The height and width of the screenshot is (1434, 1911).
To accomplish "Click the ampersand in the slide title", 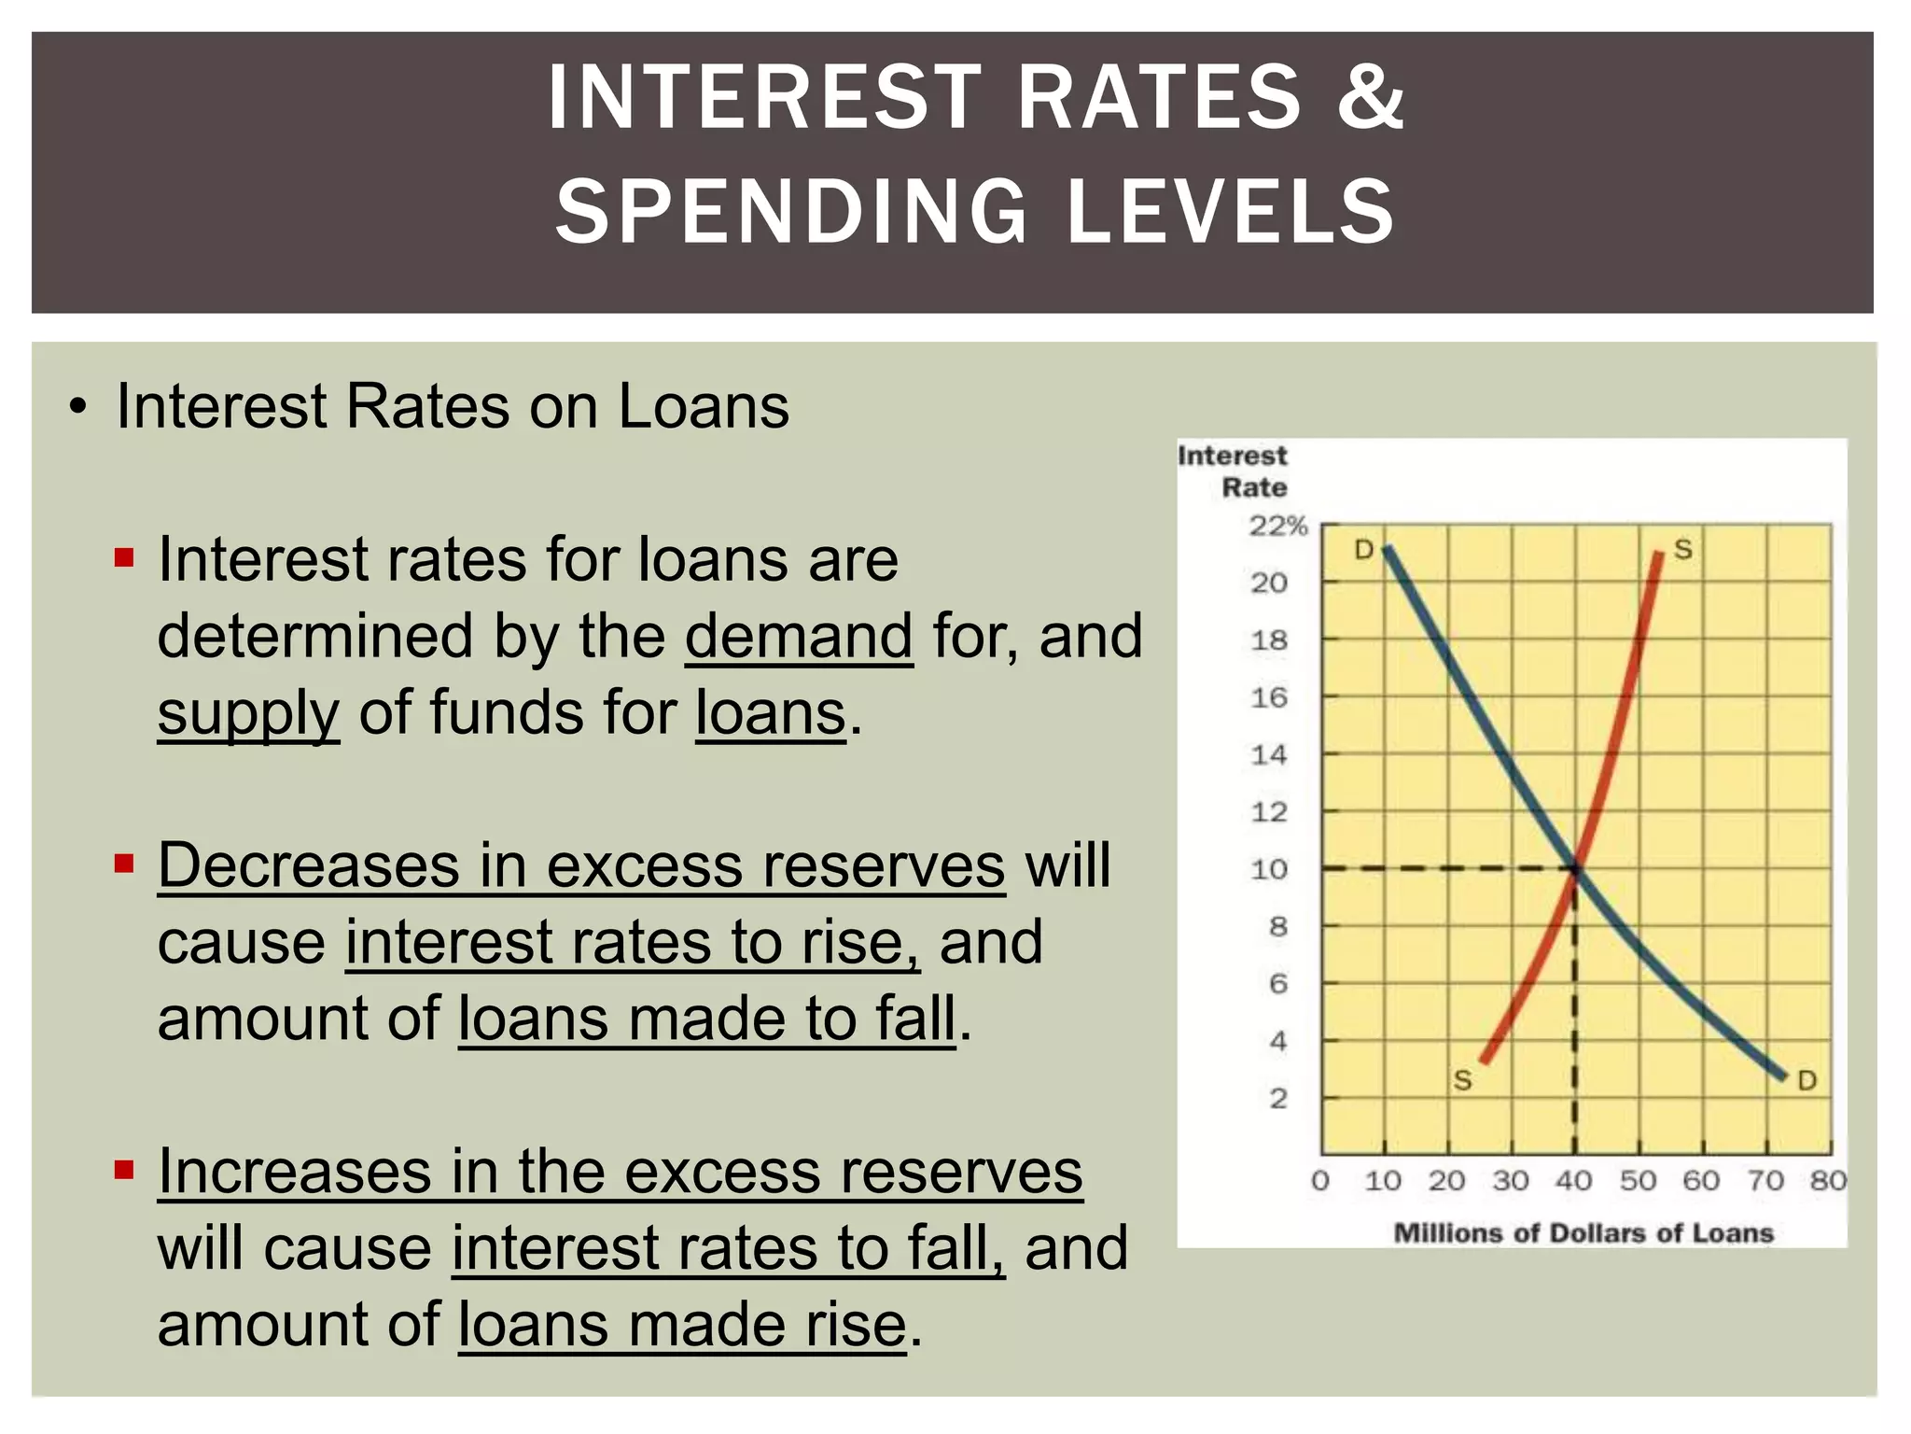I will (x=1370, y=97).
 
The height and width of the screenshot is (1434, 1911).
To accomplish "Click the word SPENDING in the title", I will (x=791, y=212).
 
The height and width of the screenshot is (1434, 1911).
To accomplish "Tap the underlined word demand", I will (x=799, y=637).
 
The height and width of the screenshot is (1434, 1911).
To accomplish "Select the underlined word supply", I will (x=248, y=714).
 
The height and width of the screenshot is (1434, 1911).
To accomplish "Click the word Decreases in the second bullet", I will (x=309, y=865).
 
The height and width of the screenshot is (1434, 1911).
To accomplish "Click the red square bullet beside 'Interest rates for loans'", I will (x=124, y=559).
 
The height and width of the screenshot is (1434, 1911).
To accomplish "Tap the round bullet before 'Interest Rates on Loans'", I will (x=79, y=408).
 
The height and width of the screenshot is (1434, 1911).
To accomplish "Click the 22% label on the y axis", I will (x=1277, y=527).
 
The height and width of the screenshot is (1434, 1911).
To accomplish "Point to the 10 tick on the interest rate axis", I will (x=1269, y=870).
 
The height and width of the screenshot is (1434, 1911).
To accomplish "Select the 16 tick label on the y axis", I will (x=1269, y=698).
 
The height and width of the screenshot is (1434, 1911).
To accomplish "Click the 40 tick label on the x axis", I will (x=1573, y=1181).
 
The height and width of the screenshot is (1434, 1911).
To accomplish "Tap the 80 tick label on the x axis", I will (x=1827, y=1181).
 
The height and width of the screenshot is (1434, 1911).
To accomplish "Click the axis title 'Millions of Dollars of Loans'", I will (x=1583, y=1233).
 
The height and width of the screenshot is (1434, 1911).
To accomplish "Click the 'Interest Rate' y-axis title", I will (x=1234, y=471).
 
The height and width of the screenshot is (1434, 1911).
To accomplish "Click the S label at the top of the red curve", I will (x=1682, y=549).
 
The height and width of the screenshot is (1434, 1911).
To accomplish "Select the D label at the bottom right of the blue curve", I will (x=1806, y=1081).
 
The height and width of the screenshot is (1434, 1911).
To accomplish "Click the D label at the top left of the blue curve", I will (x=1363, y=550).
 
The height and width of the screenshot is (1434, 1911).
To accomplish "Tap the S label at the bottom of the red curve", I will (x=1462, y=1081).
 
